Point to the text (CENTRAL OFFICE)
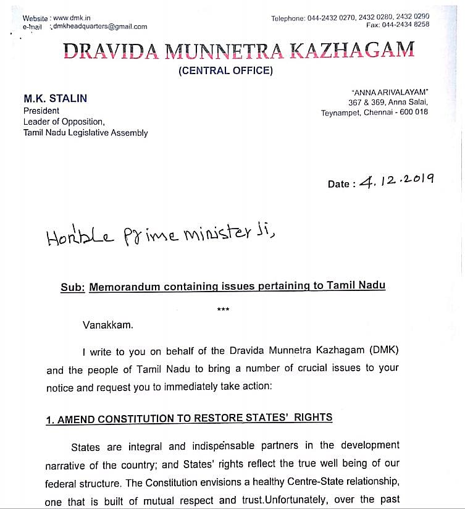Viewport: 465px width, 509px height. tap(225, 70)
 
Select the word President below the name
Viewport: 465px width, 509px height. tap(41, 111)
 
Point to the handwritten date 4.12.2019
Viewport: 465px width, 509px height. tap(397, 180)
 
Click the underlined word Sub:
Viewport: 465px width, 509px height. tap(72, 287)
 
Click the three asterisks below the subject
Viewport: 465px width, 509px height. tap(224, 311)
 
